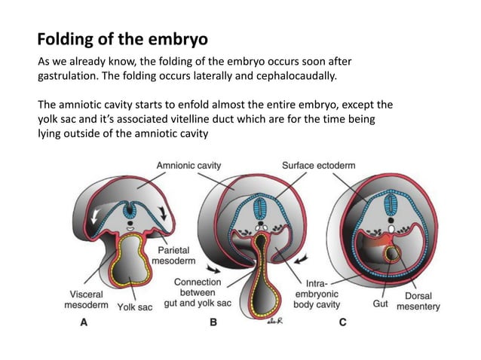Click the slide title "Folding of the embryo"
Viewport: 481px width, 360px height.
pyautogui.click(x=122, y=38)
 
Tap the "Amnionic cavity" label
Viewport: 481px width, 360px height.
pyautogui.click(x=188, y=165)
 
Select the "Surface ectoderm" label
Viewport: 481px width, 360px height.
pyautogui.click(x=319, y=165)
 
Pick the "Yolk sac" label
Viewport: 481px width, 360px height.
pyautogui.click(x=135, y=307)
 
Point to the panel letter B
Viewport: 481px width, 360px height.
pyautogui.click(x=213, y=323)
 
